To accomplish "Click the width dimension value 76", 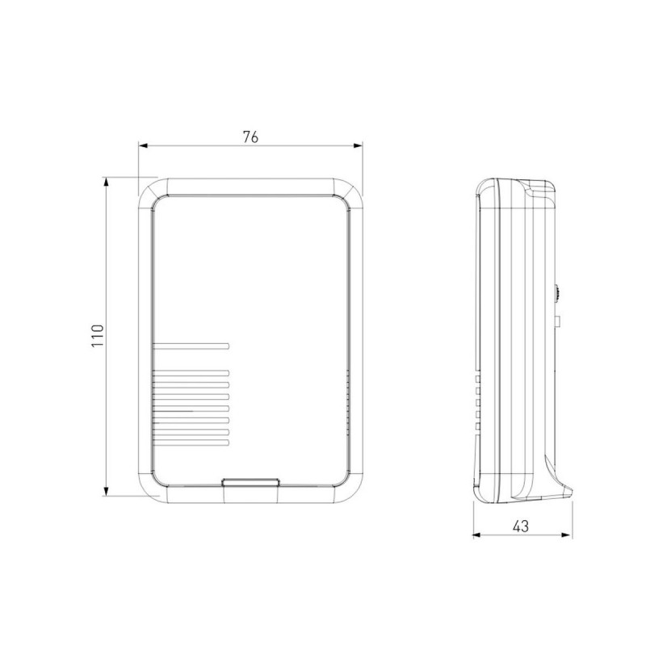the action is [250, 136].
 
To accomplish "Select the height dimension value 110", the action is [98, 336].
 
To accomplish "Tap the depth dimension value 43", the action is [521, 526].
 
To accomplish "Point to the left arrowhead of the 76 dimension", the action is [143, 145].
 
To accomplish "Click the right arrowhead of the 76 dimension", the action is [358, 145].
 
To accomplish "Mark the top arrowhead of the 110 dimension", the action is [107, 182].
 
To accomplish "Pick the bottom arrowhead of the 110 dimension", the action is [107, 491].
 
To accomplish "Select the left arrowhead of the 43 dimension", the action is [477, 535].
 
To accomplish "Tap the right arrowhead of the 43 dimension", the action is [567, 535].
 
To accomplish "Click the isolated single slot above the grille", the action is [191, 346].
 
